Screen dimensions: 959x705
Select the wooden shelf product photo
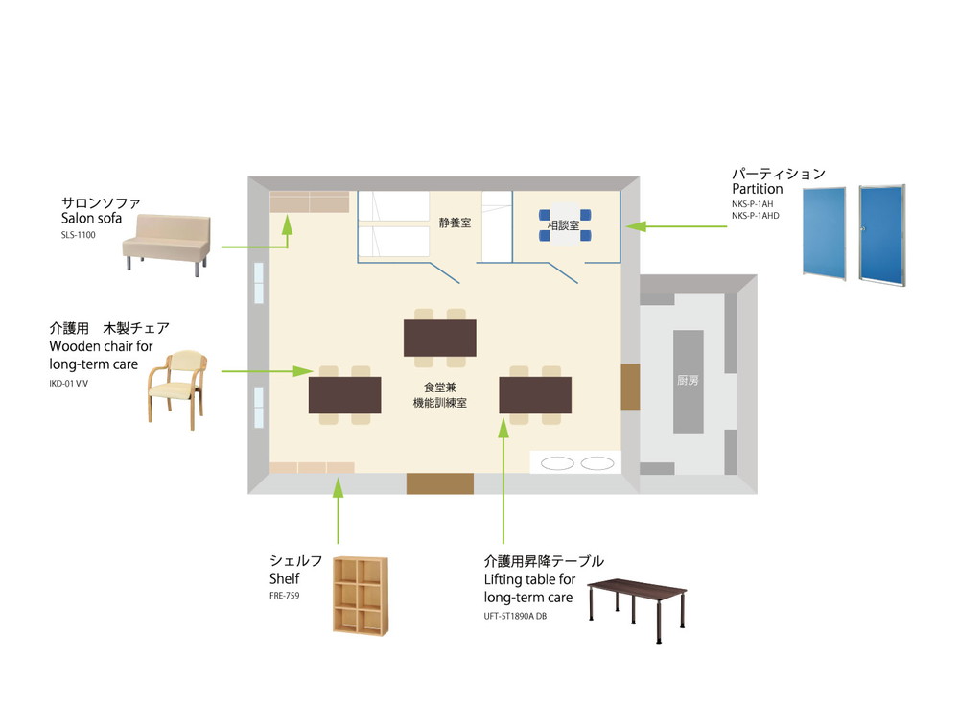[x=361, y=596]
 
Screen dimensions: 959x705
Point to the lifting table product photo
[x=637, y=609]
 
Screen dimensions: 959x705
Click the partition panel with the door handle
[x=882, y=235]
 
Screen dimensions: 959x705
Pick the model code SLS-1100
[x=79, y=235]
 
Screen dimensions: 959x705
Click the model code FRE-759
[x=285, y=596]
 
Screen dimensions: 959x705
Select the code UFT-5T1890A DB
[x=515, y=616]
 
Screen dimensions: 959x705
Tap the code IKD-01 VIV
[x=68, y=384]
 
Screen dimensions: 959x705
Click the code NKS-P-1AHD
[x=756, y=216]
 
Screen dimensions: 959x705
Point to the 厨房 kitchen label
[x=688, y=381]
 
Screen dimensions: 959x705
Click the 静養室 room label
[x=455, y=223]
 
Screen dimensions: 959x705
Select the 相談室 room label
[x=563, y=225]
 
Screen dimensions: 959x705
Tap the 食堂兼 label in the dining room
[x=440, y=388]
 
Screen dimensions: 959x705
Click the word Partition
[x=758, y=189]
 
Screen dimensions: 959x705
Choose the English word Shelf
[x=285, y=579]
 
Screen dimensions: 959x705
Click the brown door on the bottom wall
[x=440, y=483]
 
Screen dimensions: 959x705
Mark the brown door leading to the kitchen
[x=631, y=387]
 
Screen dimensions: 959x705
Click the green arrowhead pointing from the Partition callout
[x=636, y=226]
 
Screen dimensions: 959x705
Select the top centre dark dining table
[x=440, y=338]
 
